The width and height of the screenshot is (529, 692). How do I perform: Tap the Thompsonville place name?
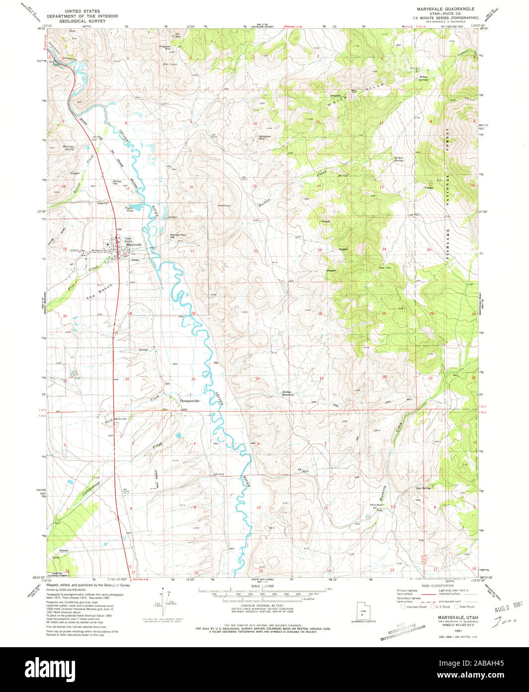pyautogui.click(x=189, y=401)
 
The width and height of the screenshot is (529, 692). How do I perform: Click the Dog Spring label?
pyautogui.click(x=423, y=488)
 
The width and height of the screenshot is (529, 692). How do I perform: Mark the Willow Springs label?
pyautogui.click(x=423, y=78)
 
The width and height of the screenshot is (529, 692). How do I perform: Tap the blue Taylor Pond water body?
pyautogui.click(x=130, y=204)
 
